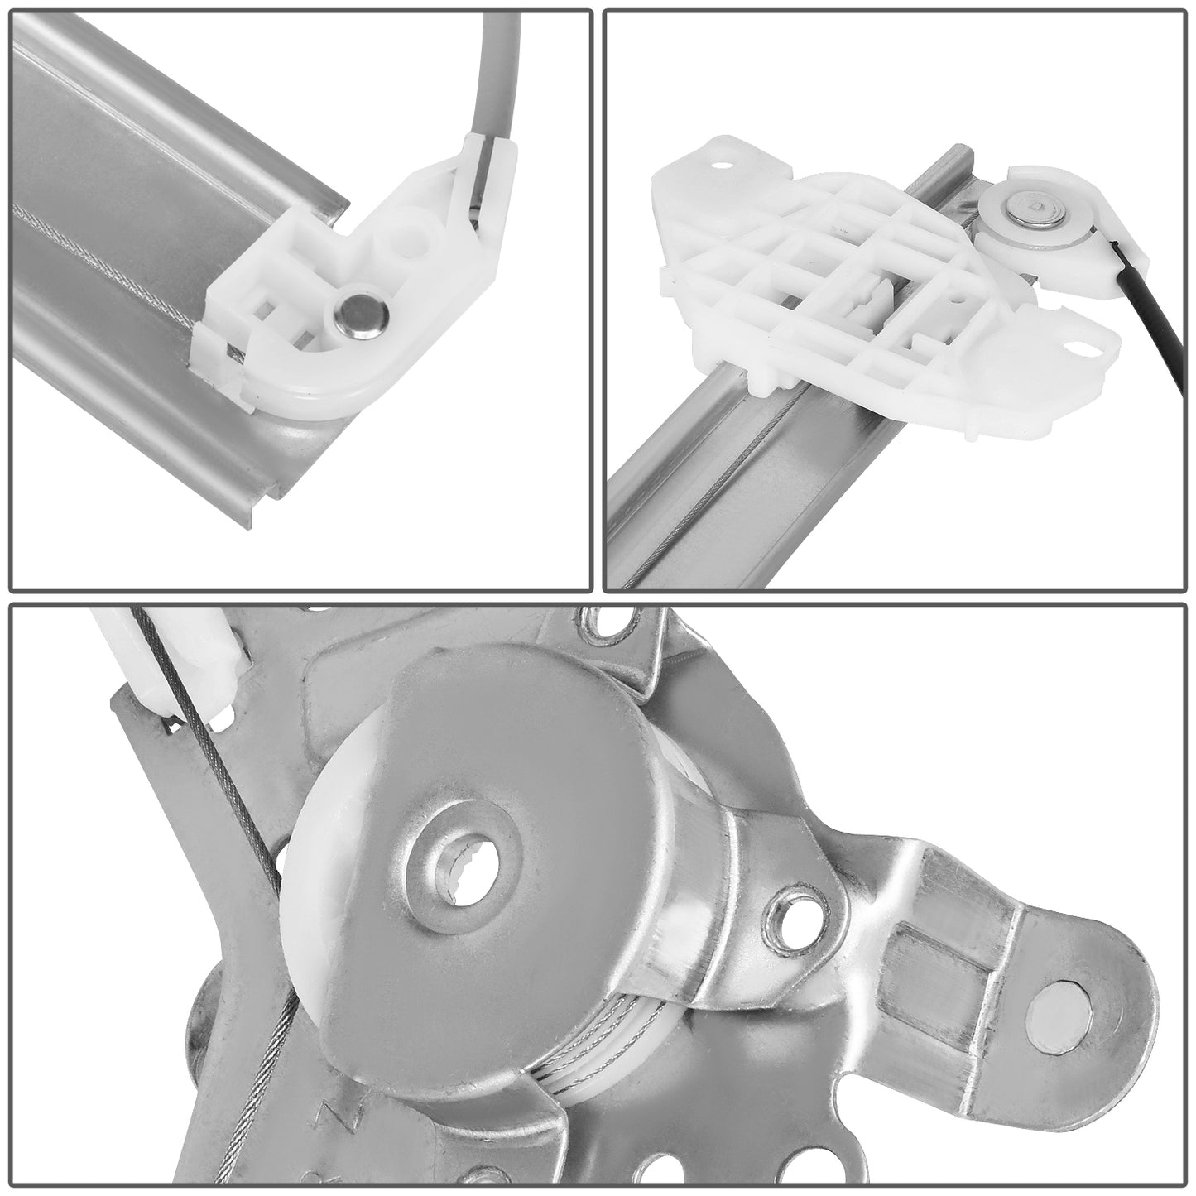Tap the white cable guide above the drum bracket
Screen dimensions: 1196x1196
point(195,662)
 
